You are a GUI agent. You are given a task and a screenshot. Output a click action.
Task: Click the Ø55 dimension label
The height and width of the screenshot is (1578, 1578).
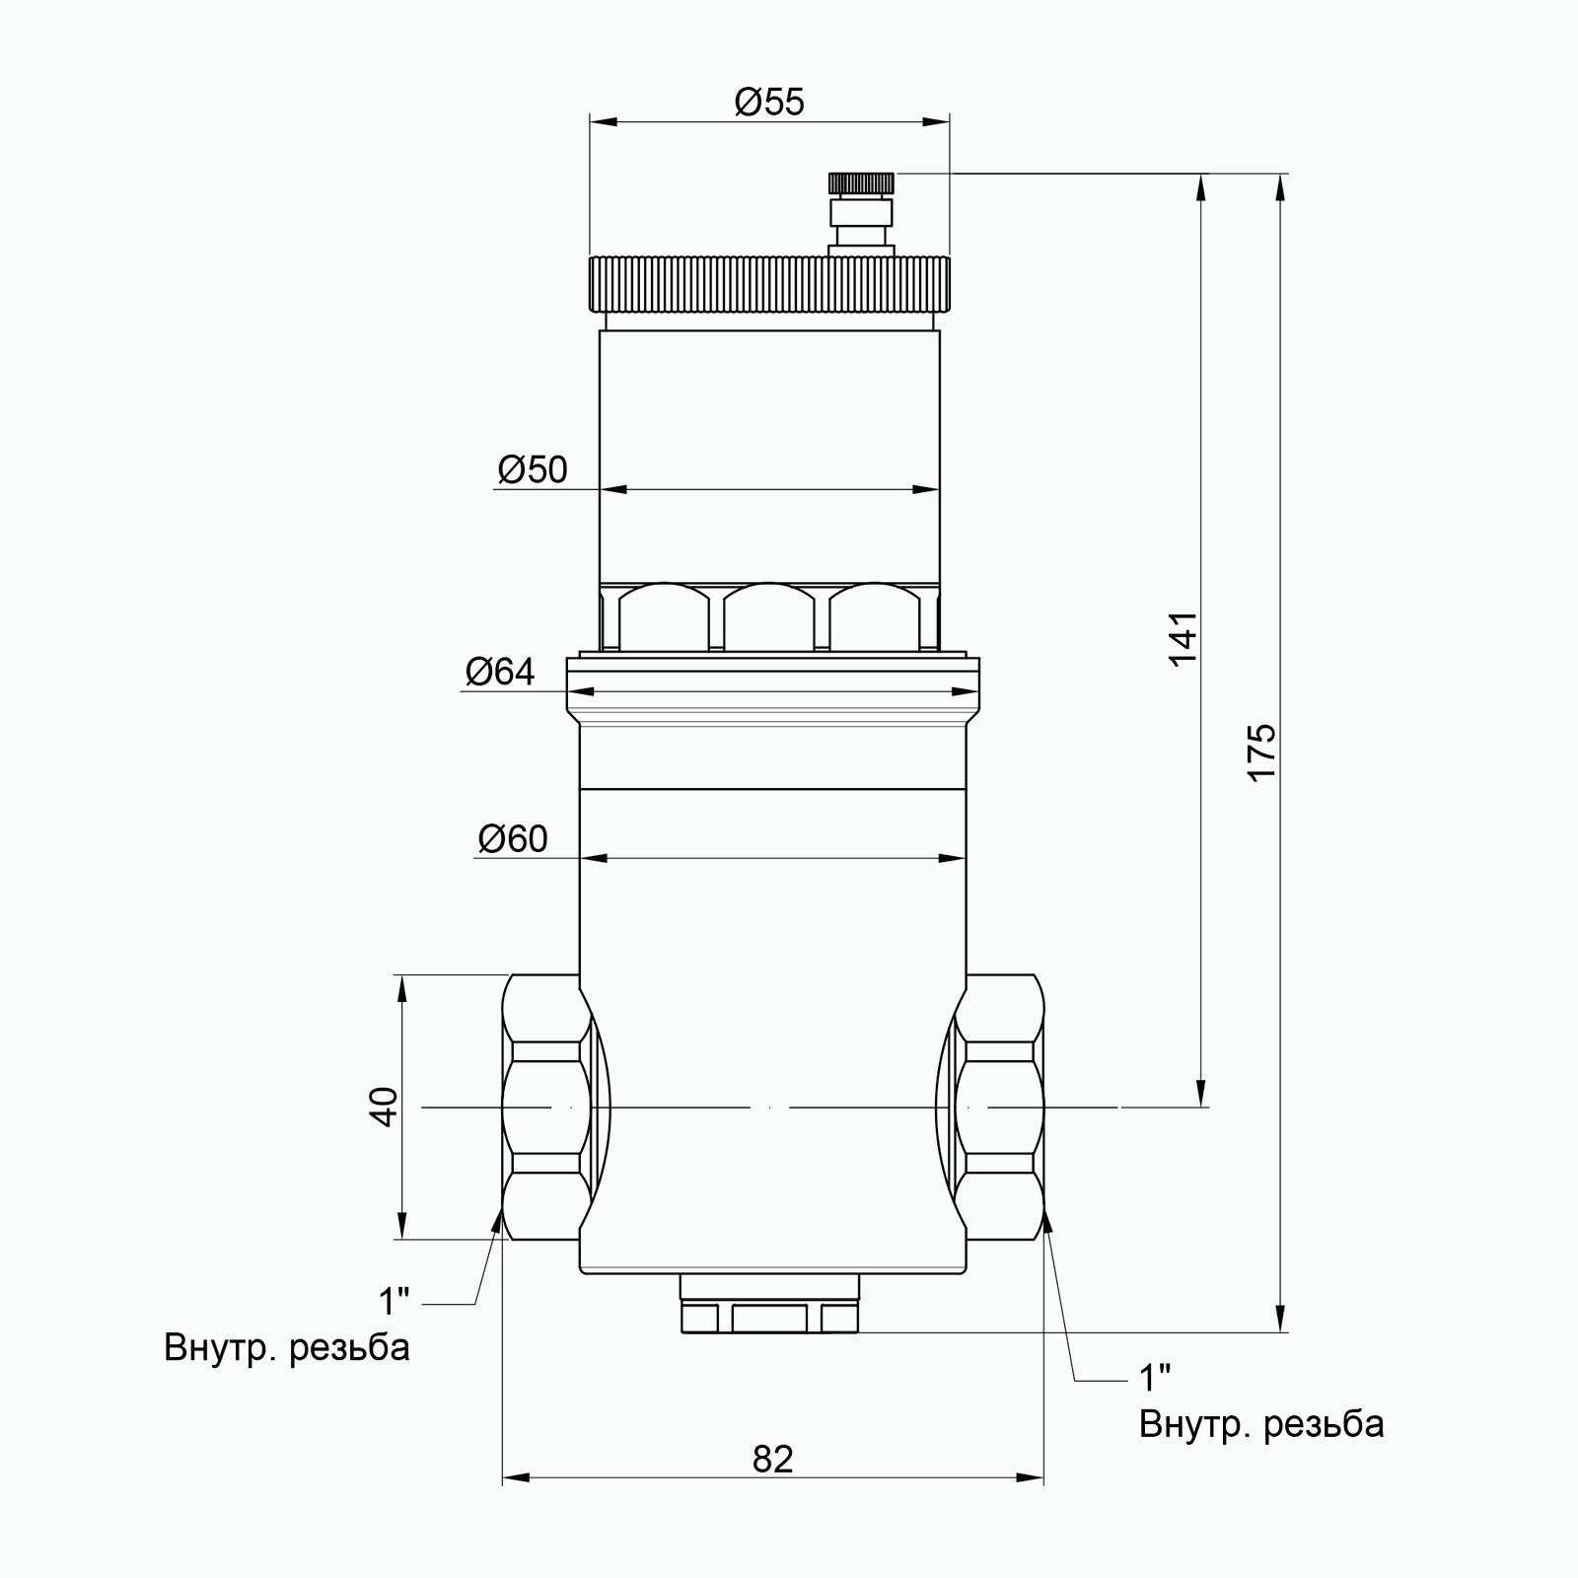tap(769, 102)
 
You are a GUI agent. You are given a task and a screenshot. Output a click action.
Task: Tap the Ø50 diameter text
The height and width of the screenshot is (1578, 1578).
tap(533, 470)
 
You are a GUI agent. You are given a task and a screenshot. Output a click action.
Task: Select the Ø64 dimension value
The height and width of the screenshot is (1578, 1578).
tap(500, 673)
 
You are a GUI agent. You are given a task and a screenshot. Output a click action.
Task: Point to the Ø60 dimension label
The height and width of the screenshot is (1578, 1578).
tap(512, 839)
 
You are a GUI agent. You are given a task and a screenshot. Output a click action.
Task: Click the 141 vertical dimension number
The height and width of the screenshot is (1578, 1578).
tap(1183, 638)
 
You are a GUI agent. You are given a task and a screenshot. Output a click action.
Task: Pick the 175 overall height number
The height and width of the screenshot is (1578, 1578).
tap(1261, 753)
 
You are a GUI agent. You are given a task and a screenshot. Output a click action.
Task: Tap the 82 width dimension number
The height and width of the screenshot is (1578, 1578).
tap(772, 1459)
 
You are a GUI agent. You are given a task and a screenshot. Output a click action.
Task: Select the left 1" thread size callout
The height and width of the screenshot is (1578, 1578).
tap(394, 1301)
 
